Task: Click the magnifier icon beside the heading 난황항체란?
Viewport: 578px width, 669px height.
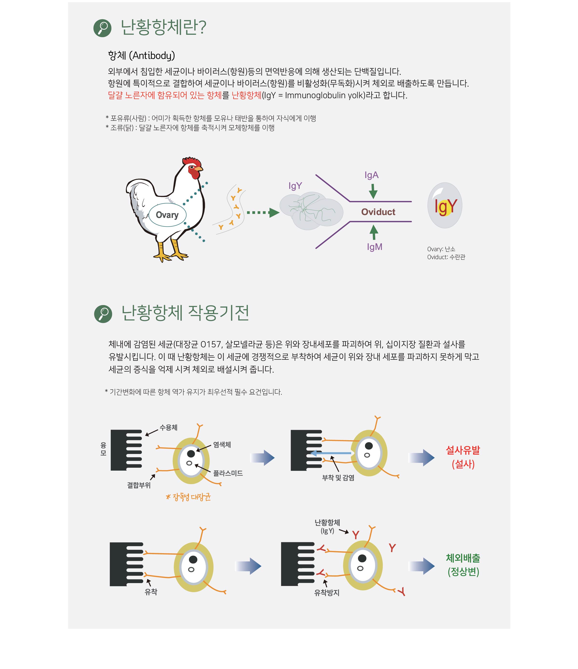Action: [x=102, y=28]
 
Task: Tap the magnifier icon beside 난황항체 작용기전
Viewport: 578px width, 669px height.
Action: [x=103, y=314]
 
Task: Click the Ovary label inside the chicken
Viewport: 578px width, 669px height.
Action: [x=167, y=215]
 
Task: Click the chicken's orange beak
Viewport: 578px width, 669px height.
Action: [x=199, y=169]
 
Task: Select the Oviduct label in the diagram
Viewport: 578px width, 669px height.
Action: [x=378, y=212]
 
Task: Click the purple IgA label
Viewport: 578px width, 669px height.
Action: [x=372, y=175]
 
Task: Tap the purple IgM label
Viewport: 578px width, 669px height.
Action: [x=374, y=247]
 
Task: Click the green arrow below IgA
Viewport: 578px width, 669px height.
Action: [x=373, y=191]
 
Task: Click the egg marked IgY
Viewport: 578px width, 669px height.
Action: [x=445, y=205]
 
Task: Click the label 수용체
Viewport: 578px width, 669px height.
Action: [x=168, y=427]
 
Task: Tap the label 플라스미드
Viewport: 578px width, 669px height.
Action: [x=228, y=473]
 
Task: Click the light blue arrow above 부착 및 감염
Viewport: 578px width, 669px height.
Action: [x=330, y=453]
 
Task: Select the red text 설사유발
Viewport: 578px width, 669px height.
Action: [x=463, y=450]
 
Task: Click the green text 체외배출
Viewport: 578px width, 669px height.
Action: [x=463, y=558]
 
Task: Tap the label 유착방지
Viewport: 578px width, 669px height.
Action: [x=327, y=592]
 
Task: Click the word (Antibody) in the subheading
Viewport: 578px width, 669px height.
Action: [x=152, y=56]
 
